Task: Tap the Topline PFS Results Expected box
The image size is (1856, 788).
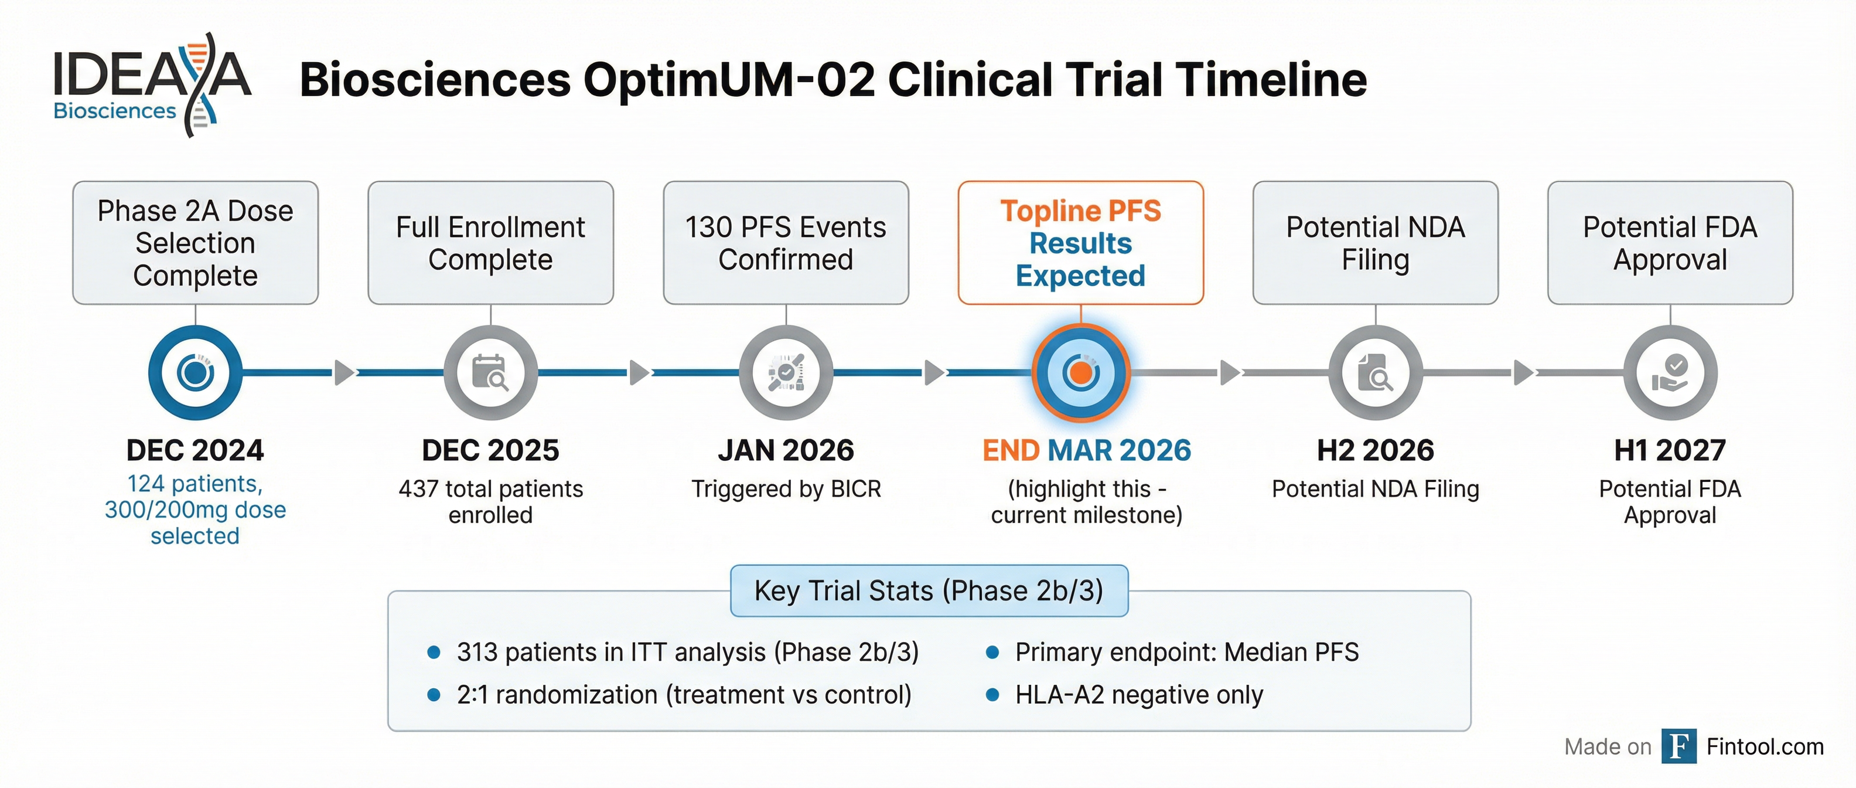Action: click(1080, 243)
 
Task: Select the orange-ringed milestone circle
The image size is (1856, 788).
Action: click(1080, 373)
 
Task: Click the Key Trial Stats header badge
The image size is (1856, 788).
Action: click(929, 590)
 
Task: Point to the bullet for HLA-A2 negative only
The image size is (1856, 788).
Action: click(992, 695)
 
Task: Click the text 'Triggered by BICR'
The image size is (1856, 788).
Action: click(785, 489)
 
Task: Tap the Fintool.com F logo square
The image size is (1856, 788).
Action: click(1678, 746)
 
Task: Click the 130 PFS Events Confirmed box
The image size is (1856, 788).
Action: click(785, 243)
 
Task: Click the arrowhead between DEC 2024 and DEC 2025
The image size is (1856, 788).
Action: click(344, 373)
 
